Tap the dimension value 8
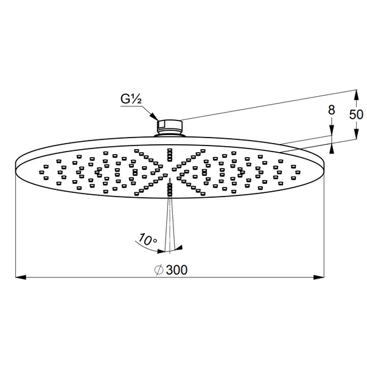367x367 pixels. pos(331,110)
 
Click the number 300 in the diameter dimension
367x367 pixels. pos(176,270)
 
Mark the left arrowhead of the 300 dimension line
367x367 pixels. pos(19,278)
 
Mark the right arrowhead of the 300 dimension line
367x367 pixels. pos(320,278)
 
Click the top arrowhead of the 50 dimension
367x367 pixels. pos(355,92)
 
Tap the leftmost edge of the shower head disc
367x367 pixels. pos(14,164)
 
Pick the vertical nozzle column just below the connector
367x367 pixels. pos(170,152)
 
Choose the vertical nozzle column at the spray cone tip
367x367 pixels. pos(169,190)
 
